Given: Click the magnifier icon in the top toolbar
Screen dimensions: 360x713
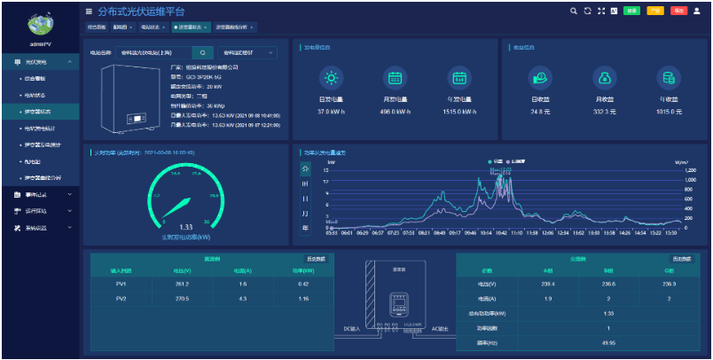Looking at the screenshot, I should pos(574,11).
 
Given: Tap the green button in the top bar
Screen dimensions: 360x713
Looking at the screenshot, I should pos(632,11).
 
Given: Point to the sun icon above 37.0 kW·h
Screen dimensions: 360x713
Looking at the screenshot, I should pos(330,77).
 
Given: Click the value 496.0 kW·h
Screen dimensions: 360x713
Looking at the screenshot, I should pos(395,112).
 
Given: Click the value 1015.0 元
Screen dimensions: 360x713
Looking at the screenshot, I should pos(670,112).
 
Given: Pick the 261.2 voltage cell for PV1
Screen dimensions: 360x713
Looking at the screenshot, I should pos(181,284).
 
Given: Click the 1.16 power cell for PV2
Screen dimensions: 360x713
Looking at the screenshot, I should pos(303,300).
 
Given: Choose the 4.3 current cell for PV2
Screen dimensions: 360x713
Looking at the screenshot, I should pos(242,300).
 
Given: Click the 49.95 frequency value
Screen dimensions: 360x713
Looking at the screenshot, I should pos(608,341).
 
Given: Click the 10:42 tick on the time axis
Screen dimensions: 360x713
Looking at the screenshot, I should pos(501,234).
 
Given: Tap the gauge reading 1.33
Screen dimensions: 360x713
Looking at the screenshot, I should pos(185,227).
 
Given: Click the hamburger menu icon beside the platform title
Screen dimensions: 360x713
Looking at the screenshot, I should pos(88,12).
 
